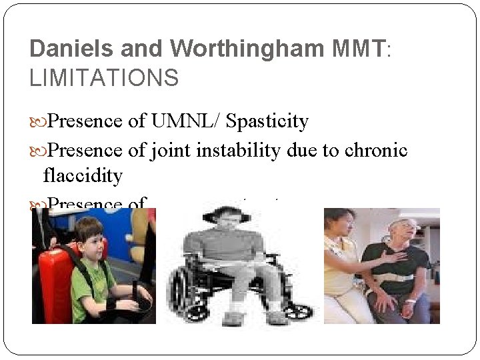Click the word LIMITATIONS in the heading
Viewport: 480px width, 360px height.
[104, 78]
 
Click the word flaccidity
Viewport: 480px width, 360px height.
[83, 175]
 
